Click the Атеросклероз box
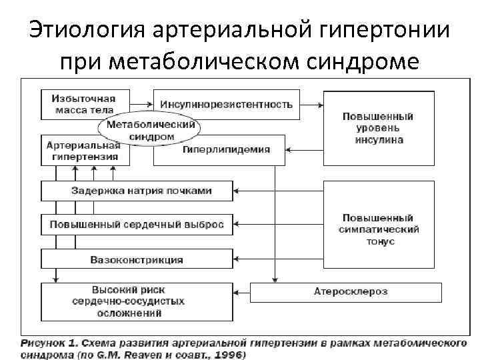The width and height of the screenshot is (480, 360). pyautogui.click(x=345, y=292)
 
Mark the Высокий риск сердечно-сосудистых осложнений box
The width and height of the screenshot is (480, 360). pyautogui.click(x=137, y=301)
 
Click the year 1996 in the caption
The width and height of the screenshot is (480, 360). pyautogui.click(x=229, y=355)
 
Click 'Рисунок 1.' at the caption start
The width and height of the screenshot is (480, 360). pyautogui.click(x=48, y=343)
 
